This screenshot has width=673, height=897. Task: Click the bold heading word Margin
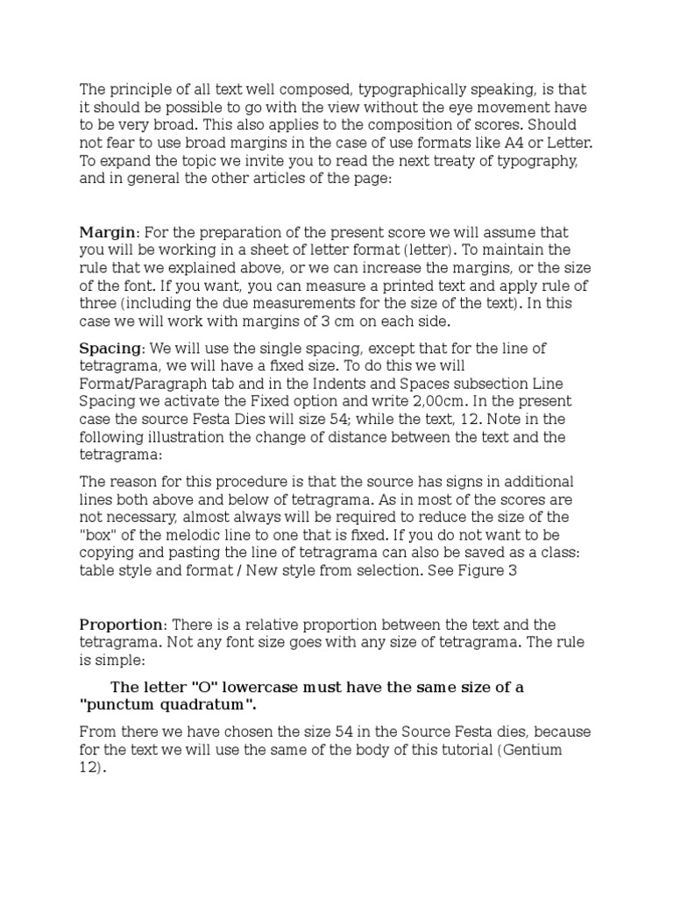tap(108, 232)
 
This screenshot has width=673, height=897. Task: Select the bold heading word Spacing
tap(111, 349)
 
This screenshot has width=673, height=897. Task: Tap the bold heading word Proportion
tap(122, 625)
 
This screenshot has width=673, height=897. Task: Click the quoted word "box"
tap(98, 534)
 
